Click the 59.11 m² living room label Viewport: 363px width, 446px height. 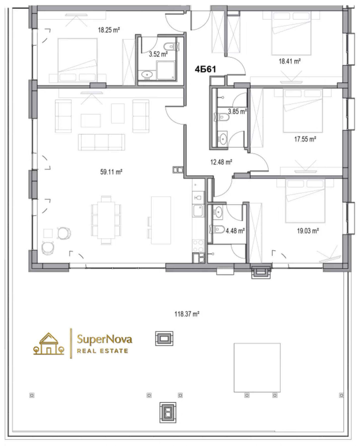111,172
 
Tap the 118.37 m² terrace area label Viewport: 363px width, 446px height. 187,314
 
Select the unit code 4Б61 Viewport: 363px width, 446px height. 205,69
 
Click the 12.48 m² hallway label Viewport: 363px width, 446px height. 221,162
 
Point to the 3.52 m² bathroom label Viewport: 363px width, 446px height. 158,54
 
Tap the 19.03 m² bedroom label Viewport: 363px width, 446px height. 308,231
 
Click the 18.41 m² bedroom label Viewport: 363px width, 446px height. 290,61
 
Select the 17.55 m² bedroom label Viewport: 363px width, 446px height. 305,139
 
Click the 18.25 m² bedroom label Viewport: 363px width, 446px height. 109,30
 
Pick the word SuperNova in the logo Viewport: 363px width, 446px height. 104,339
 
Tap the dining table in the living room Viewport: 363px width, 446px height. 106,220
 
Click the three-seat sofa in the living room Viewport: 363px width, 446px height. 102,142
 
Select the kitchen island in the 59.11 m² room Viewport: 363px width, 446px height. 161,220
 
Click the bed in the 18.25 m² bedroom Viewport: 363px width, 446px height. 78,60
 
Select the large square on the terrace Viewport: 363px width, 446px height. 257,367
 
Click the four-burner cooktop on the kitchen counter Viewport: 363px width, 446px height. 198,246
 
